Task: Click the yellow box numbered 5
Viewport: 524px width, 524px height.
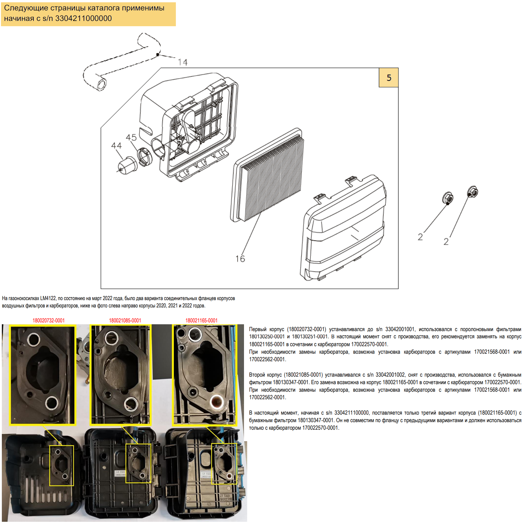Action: pyautogui.click(x=388, y=78)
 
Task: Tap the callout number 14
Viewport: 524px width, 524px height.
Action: pyautogui.click(x=183, y=62)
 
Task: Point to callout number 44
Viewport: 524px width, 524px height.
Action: pyautogui.click(x=116, y=146)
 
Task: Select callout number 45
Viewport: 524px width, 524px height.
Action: pyautogui.click(x=131, y=138)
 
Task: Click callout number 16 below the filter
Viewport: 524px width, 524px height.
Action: pyautogui.click(x=240, y=259)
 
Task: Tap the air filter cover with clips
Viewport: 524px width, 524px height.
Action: pyautogui.click(x=344, y=229)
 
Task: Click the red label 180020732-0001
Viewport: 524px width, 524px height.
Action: pyautogui.click(x=48, y=320)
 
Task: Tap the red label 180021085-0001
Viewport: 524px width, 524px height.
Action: pyautogui.click(x=125, y=320)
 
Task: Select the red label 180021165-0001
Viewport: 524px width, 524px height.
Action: pyautogui.click(x=201, y=320)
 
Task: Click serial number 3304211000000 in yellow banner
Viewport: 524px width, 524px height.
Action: pyautogui.click(x=84, y=18)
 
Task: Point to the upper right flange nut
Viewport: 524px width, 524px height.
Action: pyautogui.click(x=472, y=192)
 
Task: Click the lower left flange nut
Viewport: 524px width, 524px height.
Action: pyautogui.click(x=448, y=198)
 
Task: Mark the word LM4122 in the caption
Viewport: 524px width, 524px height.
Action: pyautogui.click(x=48, y=298)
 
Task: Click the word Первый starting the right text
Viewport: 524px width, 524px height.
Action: pyautogui.click(x=257, y=329)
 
